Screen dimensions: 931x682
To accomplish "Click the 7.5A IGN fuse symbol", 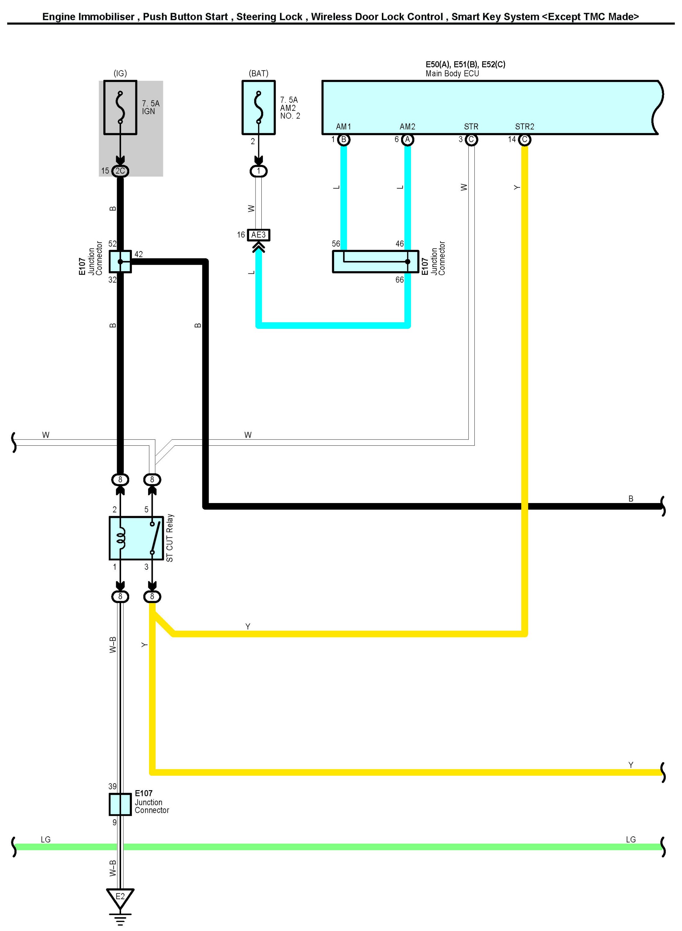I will (x=120, y=107).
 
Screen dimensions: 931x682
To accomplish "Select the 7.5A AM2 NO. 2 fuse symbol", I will (x=259, y=107).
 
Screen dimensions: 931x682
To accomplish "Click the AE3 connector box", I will (x=259, y=235).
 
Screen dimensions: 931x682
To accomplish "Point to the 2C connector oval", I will (x=120, y=171).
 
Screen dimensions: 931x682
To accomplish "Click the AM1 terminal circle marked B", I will (x=343, y=139).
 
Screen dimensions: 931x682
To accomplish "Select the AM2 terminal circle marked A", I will (x=408, y=139).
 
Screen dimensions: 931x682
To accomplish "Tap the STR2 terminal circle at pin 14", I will (x=524, y=139).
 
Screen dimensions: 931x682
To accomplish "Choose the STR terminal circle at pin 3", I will (x=471, y=139).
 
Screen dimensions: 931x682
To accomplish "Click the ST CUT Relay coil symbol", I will (x=120, y=538).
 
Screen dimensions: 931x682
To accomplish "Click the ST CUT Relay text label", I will (x=170, y=538).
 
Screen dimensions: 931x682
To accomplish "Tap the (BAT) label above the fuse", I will (x=259, y=74).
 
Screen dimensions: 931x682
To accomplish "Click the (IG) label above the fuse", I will (x=120, y=74).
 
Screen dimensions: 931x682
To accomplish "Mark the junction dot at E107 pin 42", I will (x=120, y=262).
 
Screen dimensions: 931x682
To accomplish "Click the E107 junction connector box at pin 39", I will (x=120, y=804).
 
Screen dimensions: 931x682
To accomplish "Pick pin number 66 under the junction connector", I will (x=399, y=280).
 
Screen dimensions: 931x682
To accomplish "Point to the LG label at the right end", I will (x=630, y=839).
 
